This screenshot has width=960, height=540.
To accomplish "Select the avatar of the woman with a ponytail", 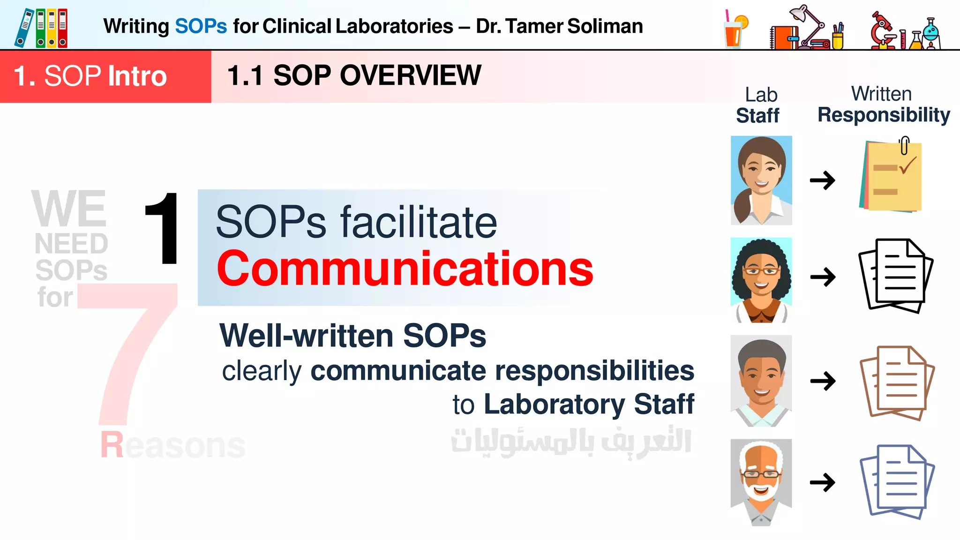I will tap(761, 180).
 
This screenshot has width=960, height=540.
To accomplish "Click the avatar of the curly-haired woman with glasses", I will tap(761, 280).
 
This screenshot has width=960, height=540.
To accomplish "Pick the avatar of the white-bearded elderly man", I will tap(761, 482).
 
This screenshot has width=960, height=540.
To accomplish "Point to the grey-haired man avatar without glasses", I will tap(761, 380).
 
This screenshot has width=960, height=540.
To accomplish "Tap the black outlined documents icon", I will tap(896, 275).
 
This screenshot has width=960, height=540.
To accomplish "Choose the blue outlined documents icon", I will tap(897, 482).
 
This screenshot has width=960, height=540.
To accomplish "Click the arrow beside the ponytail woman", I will tap(823, 180).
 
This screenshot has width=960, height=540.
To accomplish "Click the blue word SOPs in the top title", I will tap(201, 26).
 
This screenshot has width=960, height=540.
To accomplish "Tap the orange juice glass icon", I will tap(735, 30).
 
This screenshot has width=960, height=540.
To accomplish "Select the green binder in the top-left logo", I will tap(41, 28).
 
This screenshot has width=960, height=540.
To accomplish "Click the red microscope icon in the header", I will tap(883, 31).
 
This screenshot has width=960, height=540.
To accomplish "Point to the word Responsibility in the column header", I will tap(884, 115).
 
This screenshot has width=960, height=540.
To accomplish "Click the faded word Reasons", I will tap(172, 445).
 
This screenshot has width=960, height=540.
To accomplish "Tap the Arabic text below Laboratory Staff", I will tap(571, 442).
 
